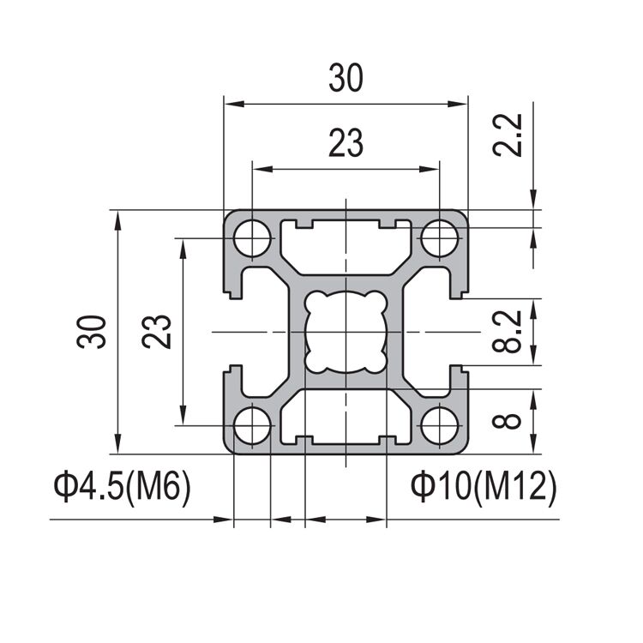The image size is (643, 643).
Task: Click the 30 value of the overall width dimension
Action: pyautogui.click(x=346, y=79)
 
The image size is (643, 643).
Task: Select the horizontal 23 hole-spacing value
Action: pyautogui.click(x=346, y=143)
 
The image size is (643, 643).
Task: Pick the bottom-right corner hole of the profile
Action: pyautogui.click(x=441, y=426)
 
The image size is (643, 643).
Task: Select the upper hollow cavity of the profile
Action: pyautogui.click(x=346, y=249)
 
